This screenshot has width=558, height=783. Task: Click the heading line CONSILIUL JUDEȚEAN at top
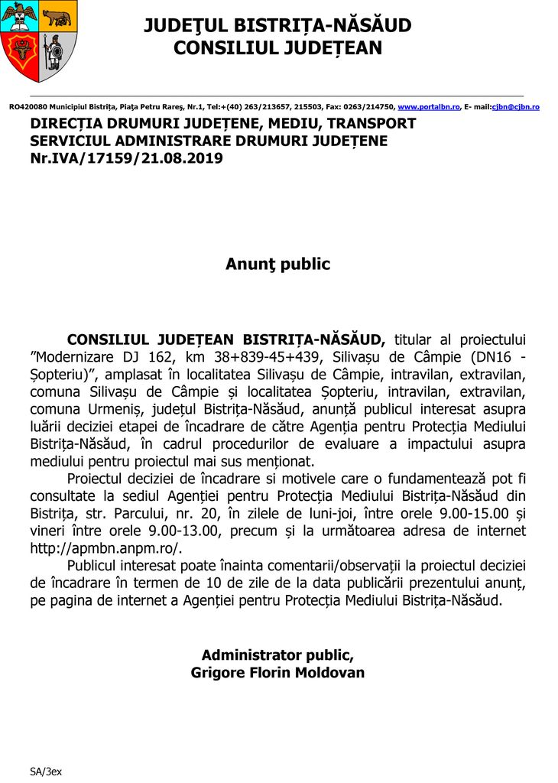tap(277, 48)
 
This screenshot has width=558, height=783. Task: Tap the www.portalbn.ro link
tap(429, 107)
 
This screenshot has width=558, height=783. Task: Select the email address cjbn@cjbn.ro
tap(516, 107)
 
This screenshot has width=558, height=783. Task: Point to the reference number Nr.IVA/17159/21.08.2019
tap(126, 159)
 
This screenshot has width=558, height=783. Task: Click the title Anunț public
tap(277, 265)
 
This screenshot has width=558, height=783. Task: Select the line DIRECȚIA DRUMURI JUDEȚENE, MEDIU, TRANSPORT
tap(222, 124)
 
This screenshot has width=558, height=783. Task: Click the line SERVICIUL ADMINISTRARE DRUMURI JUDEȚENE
tap(209, 141)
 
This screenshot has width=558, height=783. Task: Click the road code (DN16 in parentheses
tap(487, 357)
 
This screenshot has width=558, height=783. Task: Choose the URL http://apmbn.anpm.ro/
tap(105, 548)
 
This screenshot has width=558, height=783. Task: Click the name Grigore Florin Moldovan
tap(277, 673)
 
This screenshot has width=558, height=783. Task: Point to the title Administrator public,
tap(277, 655)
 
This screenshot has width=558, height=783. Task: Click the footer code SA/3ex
tap(46, 772)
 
